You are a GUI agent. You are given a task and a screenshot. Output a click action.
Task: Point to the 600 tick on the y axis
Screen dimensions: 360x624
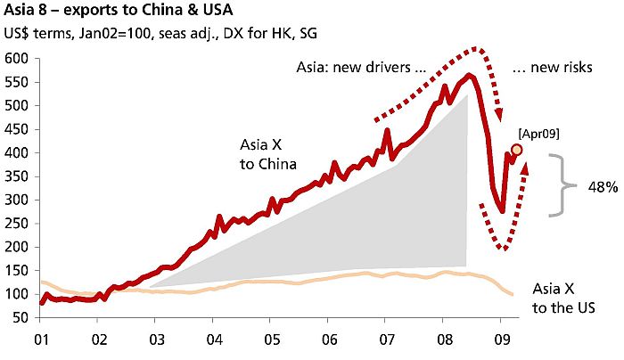pos(19,59)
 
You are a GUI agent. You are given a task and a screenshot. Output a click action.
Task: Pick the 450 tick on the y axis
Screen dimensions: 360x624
pos(19,129)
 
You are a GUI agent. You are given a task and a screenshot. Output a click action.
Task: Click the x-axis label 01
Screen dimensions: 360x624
pos(42,340)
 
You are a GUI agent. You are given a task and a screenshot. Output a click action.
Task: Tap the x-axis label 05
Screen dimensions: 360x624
pos(272,340)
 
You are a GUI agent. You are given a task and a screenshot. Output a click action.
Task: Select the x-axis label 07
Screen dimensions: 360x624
pos(387,340)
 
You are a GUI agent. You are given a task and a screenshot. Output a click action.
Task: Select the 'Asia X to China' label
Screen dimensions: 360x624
pos(267,154)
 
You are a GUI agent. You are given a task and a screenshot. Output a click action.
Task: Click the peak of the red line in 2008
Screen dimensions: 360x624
pos(470,75)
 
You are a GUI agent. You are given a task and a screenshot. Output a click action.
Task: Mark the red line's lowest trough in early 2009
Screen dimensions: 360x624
pos(503,211)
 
